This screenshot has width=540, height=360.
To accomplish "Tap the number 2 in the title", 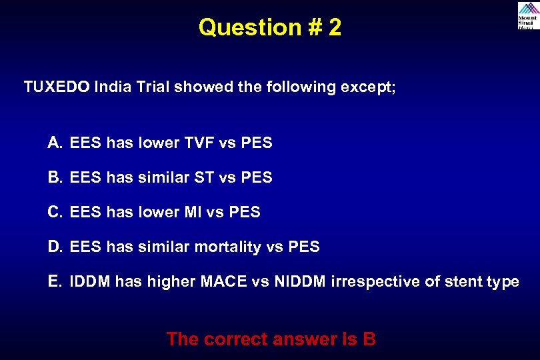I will pos(334,28).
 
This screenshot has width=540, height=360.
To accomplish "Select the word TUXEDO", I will pos(57,87).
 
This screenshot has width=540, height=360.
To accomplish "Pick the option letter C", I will pos(55,212).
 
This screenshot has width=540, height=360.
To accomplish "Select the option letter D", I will pos(55,247).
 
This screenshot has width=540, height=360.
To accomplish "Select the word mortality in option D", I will pos(227,247).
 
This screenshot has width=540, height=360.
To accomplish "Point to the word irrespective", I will pos(375,282).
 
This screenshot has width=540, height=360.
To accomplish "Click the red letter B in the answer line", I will pos(369,339).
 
